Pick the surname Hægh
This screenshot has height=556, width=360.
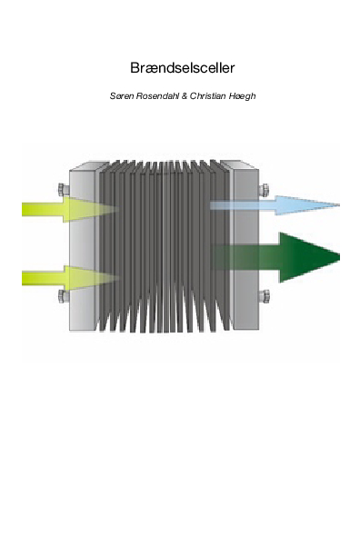[x=245, y=95]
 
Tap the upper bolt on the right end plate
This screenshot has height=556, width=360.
[x=263, y=190]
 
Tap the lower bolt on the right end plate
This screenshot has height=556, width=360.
[x=263, y=294]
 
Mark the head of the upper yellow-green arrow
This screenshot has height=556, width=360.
[x=104, y=209]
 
